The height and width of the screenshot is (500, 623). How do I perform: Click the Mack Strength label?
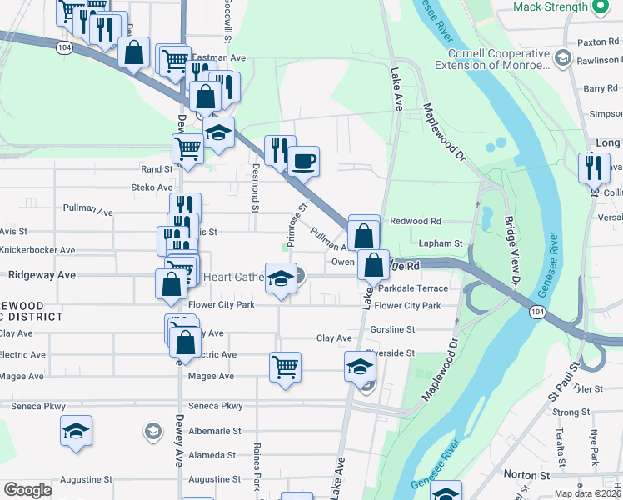[x=551, y=7]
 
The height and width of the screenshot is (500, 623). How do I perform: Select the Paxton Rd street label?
[x=598, y=41]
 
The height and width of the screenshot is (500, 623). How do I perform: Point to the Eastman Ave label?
[x=219, y=57]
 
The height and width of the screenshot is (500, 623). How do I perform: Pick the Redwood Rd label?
[x=415, y=221]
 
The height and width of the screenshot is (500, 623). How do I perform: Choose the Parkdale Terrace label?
[x=413, y=288]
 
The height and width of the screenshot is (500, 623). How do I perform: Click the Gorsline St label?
[x=392, y=329]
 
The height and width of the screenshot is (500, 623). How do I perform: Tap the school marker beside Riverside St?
[x=360, y=366]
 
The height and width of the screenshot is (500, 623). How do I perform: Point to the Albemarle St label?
[x=214, y=431]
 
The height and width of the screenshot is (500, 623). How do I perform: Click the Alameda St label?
[x=213, y=455]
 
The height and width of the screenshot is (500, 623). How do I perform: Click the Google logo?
[x=27, y=490]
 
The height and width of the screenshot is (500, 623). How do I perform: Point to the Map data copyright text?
[x=586, y=493]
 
